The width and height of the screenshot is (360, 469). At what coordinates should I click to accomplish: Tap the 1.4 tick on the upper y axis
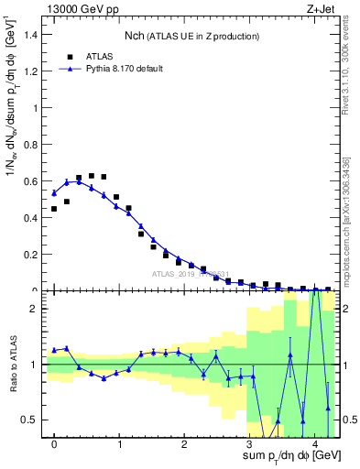pos(33,34)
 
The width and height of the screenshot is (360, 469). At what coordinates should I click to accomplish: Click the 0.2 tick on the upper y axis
pos(33,255)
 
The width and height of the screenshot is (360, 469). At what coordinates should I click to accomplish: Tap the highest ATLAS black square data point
pos(92,175)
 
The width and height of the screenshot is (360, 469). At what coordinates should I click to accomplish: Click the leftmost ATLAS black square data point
pos(54,209)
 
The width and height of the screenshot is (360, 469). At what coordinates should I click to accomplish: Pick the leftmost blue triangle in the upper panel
pos(54,193)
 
